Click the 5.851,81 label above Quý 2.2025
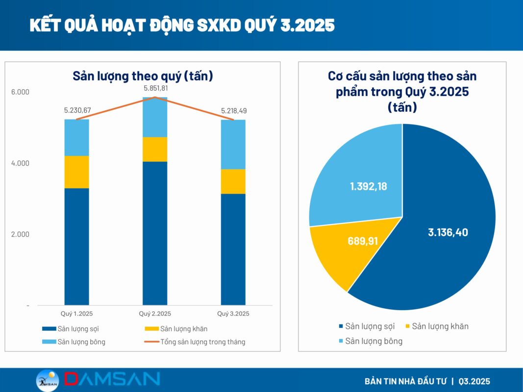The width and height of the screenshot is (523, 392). (x=155, y=88)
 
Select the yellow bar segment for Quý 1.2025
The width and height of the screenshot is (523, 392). (x=77, y=171)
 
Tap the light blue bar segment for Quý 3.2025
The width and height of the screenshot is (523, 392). (x=233, y=144)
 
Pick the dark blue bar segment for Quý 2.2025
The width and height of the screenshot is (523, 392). (x=155, y=233)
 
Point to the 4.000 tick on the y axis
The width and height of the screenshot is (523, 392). (x=20, y=163)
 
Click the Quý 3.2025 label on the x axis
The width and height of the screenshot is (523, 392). (x=233, y=314)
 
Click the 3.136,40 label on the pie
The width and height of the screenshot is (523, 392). (x=448, y=232)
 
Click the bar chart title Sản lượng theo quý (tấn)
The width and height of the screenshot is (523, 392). (x=143, y=76)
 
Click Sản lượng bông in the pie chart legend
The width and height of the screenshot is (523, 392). (x=374, y=341)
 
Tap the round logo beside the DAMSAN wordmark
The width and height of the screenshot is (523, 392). (x=48, y=380)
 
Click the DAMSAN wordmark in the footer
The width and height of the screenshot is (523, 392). (x=112, y=379)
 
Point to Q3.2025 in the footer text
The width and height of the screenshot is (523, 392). (x=474, y=381)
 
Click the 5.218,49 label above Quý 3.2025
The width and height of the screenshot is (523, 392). (x=233, y=111)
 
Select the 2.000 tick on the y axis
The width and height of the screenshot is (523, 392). (x=20, y=234)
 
